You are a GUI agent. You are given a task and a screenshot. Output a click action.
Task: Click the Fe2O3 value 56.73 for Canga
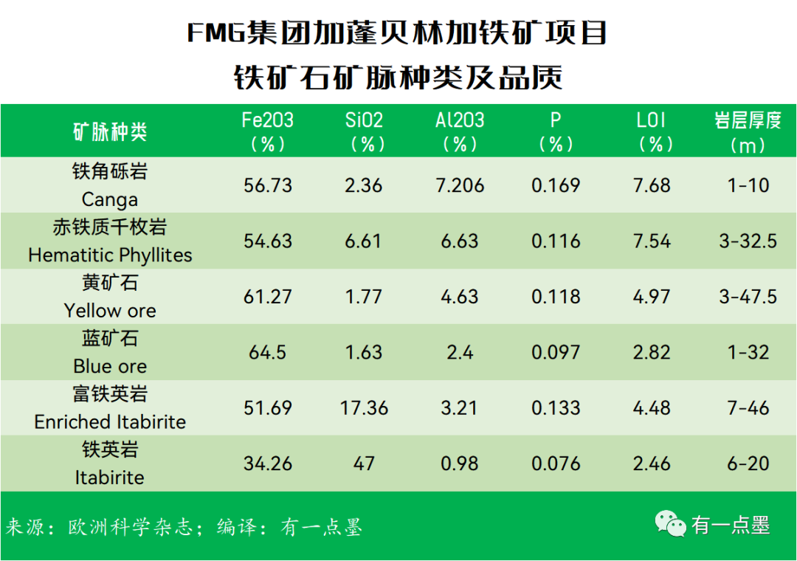tap(268, 185)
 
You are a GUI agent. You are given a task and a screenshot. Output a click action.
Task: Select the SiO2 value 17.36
tap(364, 408)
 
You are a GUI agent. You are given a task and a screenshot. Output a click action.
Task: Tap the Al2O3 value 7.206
tap(460, 185)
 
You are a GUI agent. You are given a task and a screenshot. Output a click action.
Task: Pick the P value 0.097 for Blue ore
tap(556, 352)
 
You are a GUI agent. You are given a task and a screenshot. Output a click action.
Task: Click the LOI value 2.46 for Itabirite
tap(652, 464)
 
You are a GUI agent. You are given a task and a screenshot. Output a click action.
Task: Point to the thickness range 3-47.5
tap(748, 297)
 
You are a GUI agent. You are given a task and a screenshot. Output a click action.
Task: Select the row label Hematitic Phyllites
tap(110, 255)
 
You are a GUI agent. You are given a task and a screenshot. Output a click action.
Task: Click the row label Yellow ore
tap(110, 311)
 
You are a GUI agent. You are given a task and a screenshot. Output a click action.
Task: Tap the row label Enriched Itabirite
tap(110, 422)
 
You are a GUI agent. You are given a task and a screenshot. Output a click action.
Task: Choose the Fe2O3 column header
tap(268, 131)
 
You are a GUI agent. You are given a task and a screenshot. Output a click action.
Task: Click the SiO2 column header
tap(364, 131)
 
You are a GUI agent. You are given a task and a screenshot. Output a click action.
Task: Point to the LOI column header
tap(652, 131)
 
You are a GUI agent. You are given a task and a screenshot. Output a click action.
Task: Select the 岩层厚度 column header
tap(748, 131)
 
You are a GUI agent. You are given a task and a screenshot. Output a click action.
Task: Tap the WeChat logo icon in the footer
tap(671, 524)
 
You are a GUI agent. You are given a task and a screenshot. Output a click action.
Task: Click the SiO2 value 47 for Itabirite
tap(364, 464)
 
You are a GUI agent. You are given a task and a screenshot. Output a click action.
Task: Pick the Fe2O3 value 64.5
tap(268, 352)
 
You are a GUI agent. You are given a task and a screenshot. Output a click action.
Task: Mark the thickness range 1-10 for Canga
tap(748, 185)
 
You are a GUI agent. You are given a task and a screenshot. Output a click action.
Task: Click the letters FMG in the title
tap(215, 33)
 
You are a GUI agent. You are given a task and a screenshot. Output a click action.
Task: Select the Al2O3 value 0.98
tap(460, 464)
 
